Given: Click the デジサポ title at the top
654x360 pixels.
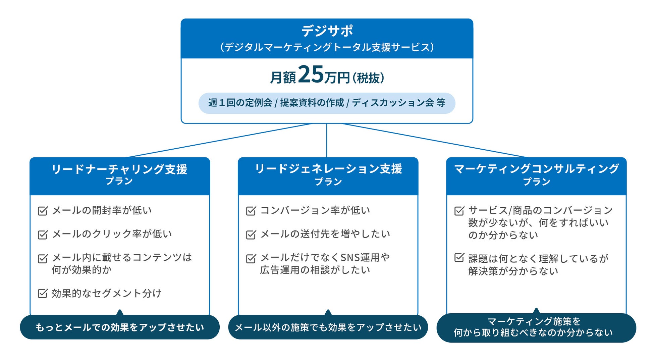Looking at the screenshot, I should pyautogui.click(x=327, y=31).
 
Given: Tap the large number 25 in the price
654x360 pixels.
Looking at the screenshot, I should pyautogui.click(x=311, y=74).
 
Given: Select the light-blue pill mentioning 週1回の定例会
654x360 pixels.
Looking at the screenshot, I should pyautogui.click(x=327, y=103).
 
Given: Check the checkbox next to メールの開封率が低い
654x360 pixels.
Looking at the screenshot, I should pyautogui.click(x=43, y=211).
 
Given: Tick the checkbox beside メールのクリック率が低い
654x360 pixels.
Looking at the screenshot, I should pyautogui.click(x=43, y=234).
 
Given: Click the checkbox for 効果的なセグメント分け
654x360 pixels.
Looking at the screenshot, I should pyautogui.click(x=43, y=293).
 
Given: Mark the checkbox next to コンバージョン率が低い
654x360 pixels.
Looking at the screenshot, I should pyautogui.click(x=251, y=211).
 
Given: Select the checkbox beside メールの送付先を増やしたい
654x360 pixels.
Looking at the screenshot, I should pyautogui.click(x=251, y=234).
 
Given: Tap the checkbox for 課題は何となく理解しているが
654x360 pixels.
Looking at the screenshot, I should pyautogui.click(x=459, y=258).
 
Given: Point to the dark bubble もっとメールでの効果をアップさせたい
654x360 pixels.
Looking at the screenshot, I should pyautogui.click(x=120, y=327).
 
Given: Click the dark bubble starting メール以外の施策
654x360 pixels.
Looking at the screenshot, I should pyautogui.click(x=328, y=327).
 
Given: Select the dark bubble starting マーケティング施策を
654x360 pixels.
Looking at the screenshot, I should pyautogui.click(x=536, y=327).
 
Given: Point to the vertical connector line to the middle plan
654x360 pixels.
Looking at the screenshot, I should pyautogui.click(x=327, y=141).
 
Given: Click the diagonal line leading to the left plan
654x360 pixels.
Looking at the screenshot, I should pyautogui.click(x=218, y=140).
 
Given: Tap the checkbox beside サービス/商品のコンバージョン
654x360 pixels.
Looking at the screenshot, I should pyautogui.click(x=459, y=211).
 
